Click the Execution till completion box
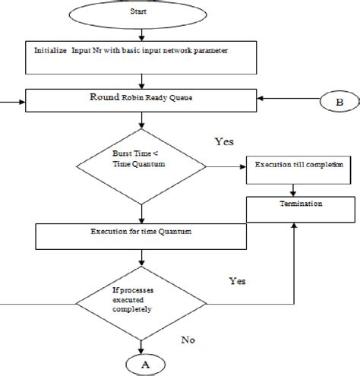coord(292,166)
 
